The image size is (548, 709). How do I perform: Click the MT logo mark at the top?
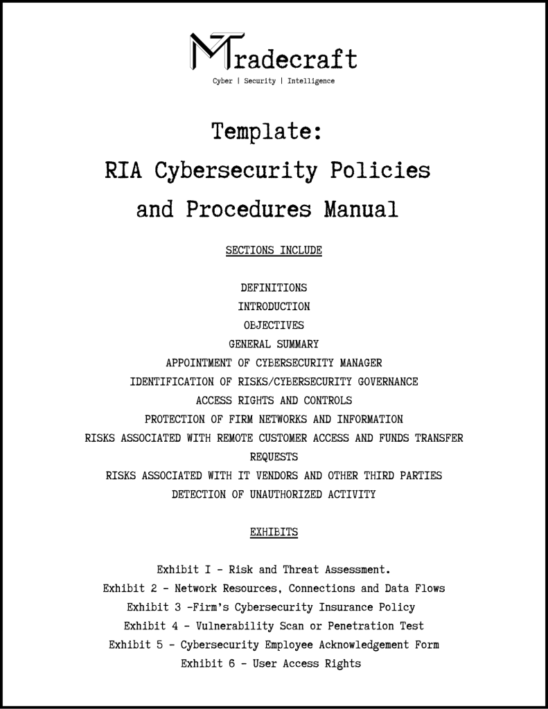coord(215,52)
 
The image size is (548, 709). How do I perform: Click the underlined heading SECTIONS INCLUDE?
coord(274,250)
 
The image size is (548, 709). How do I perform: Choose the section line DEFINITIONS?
coord(274,287)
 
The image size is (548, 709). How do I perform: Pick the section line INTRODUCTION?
coord(274,306)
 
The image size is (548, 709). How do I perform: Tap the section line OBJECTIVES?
coord(274,325)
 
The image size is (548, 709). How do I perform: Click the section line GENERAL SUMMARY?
coord(274,343)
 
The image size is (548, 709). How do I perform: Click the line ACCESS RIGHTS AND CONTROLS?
coord(274,400)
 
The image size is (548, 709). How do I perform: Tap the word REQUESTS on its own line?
coord(274,456)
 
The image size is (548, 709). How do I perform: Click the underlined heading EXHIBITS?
coord(274,532)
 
